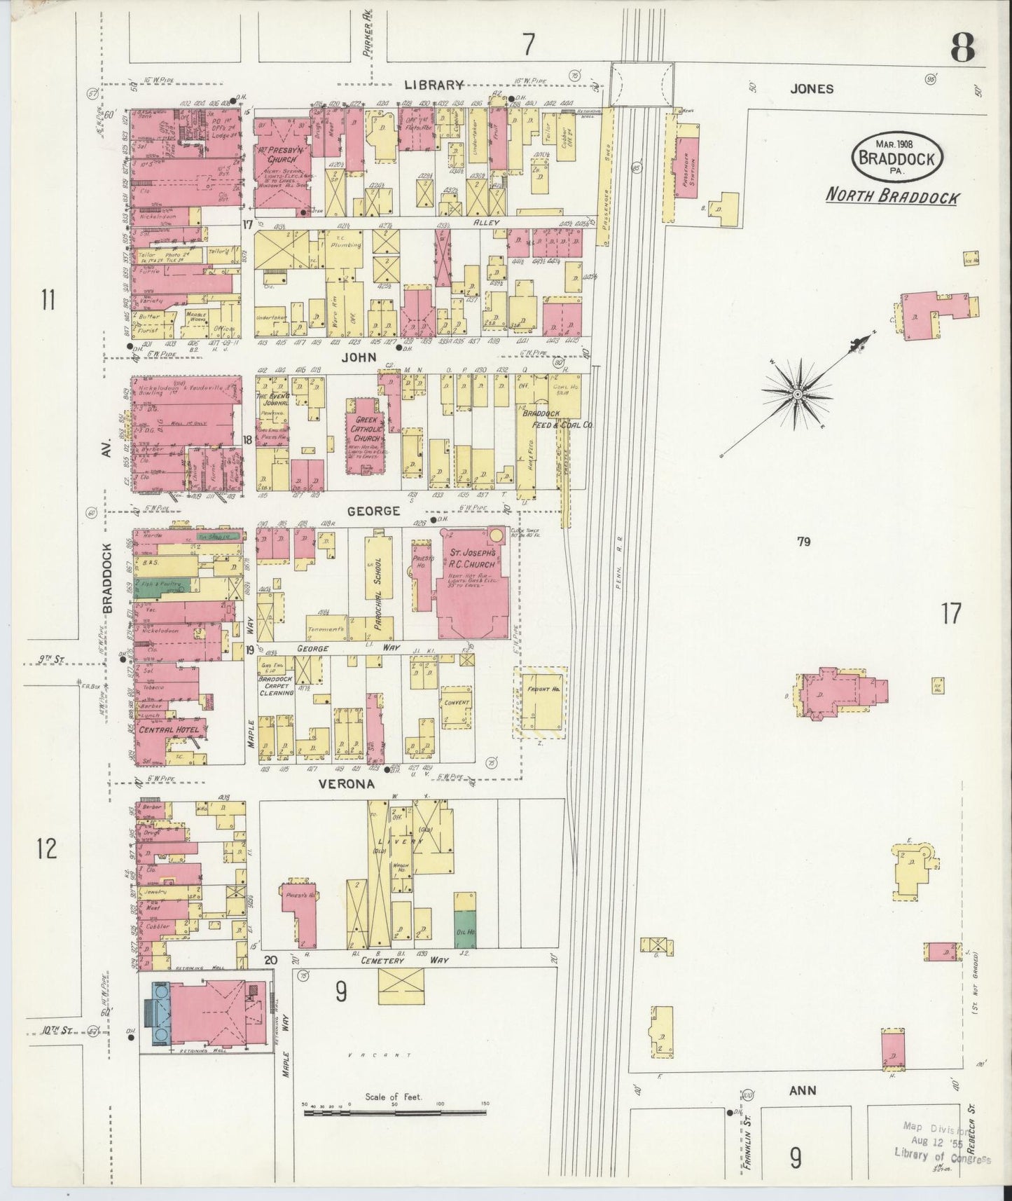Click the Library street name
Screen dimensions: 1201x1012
point(433,85)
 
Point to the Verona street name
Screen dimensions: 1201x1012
point(347,785)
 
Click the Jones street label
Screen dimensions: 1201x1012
point(812,89)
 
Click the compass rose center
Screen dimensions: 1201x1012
point(798,396)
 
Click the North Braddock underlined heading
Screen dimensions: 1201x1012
point(892,197)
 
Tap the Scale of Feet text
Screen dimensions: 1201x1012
point(393,1097)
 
